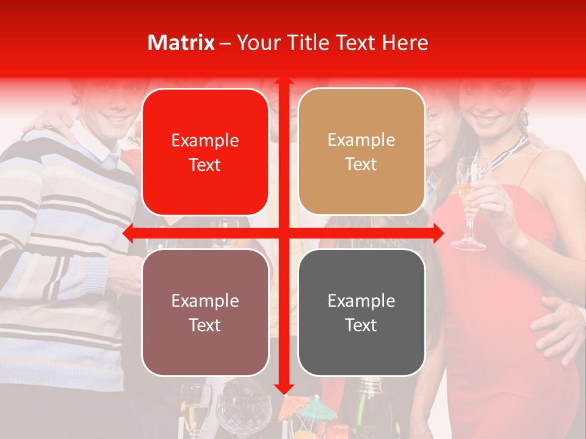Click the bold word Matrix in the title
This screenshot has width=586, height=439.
pos(181,43)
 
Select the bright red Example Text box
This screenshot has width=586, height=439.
pos(205,152)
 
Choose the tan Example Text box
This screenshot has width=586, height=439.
pos(361,152)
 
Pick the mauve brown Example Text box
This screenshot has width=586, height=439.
pos(205,312)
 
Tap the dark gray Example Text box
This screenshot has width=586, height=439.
pos(361,312)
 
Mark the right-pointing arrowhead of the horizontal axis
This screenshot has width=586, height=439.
pos(438,232)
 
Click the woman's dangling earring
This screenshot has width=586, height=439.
pos(523,120)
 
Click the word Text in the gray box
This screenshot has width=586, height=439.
pos(361,325)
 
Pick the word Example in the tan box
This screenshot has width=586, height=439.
pos(361,140)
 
